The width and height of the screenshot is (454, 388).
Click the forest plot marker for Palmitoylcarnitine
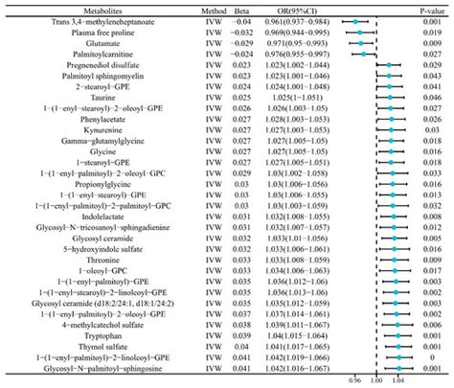[x=363, y=55]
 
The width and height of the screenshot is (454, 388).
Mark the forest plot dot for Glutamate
[x=360, y=43]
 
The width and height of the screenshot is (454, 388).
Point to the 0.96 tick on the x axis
[x=355, y=378]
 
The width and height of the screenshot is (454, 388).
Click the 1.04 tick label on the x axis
[x=397, y=378]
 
